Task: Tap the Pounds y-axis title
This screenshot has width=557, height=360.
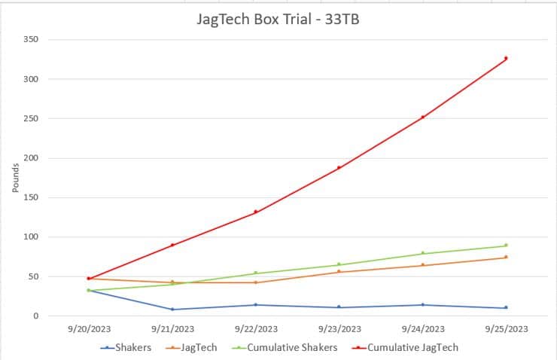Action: click(16, 178)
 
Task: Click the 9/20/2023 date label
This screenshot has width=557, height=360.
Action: click(88, 329)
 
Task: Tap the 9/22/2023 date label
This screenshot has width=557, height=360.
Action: click(255, 329)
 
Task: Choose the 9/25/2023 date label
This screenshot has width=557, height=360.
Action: click(506, 329)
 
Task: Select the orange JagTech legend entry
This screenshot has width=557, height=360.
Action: click(199, 347)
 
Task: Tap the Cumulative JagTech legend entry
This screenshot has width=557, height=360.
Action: click(411, 347)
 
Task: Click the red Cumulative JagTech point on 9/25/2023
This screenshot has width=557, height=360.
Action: click(506, 58)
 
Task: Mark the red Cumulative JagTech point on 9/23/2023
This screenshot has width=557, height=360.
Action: click(339, 167)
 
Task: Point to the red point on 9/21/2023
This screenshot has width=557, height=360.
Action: click(172, 245)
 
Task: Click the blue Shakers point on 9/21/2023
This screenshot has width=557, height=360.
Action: click(172, 310)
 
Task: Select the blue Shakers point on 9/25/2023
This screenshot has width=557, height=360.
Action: click(506, 307)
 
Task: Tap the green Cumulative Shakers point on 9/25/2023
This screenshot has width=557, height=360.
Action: click(506, 246)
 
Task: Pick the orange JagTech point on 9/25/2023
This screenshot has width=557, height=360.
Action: click(506, 257)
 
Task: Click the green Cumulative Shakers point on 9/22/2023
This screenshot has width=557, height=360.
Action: click(255, 273)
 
